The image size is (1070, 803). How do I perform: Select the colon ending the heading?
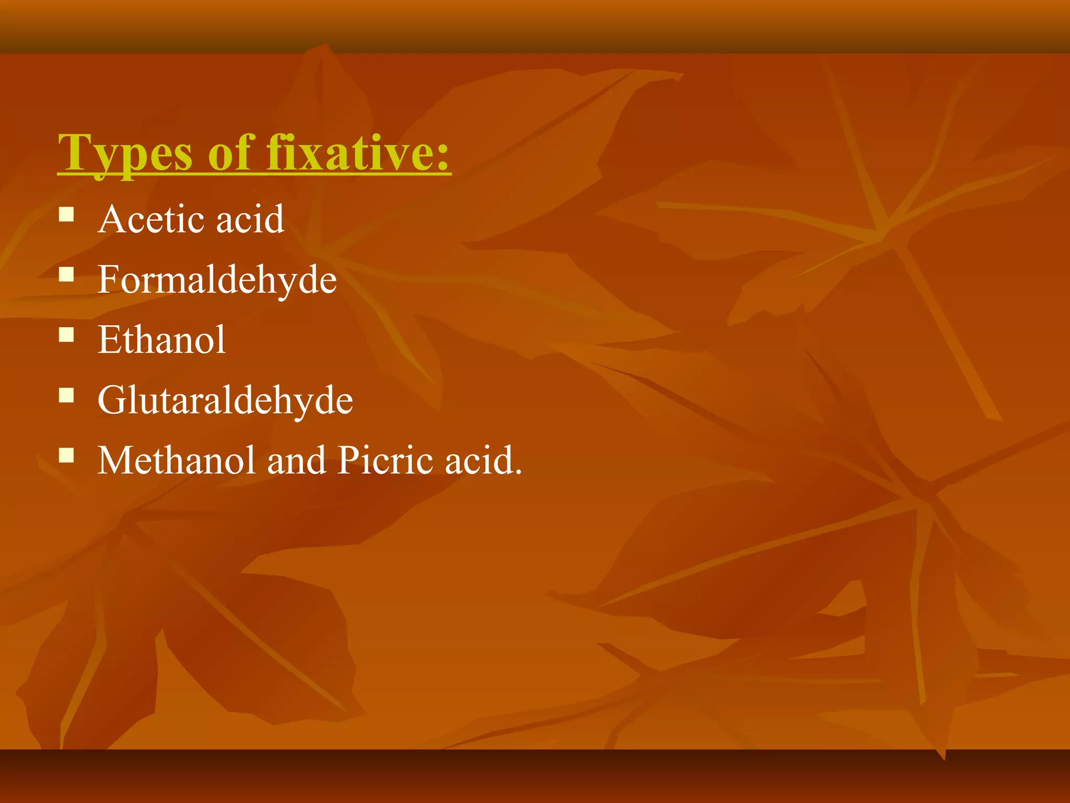pos(443,157)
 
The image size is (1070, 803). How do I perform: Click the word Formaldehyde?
pos(217,280)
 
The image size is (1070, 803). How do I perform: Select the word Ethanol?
pos(161,340)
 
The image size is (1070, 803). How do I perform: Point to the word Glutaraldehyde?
pos(225,400)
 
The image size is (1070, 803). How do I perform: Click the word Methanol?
pos(177,461)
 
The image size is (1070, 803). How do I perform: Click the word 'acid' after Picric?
pos(478,461)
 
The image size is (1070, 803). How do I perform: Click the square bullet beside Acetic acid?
pos(66,215)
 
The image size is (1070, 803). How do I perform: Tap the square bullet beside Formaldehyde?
pos(66,275)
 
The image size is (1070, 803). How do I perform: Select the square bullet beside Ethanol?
pos(66,335)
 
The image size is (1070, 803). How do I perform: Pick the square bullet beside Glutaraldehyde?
pos(66,395)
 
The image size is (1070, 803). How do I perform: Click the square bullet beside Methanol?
pos(66,455)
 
